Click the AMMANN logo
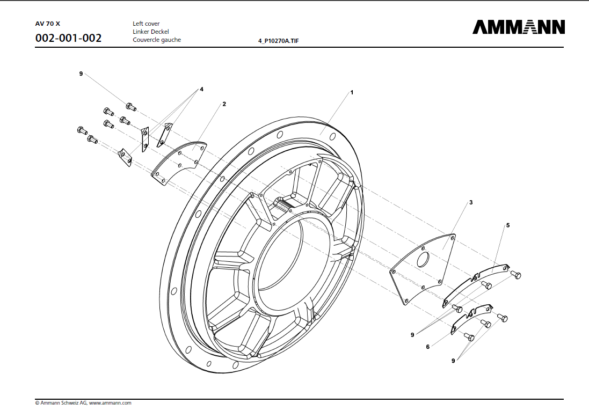click(x=518, y=27)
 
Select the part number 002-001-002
click(x=68, y=39)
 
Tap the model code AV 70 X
click(x=48, y=24)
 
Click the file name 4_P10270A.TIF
click(x=279, y=41)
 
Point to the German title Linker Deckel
click(x=151, y=32)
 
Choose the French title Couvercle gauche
click(x=157, y=40)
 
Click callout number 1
click(x=352, y=92)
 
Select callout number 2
click(x=224, y=104)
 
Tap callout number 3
click(x=470, y=202)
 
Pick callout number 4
click(x=201, y=89)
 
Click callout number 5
click(x=507, y=225)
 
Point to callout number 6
click(x=427, y=347)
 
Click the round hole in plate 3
click(x=423, y=260)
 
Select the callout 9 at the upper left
click(x=81, y=74)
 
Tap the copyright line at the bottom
click(x=83, y=402)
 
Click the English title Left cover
click(x=146, y=24)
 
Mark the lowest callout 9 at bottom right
click(x=453, y=361)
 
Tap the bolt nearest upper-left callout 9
click(x=130, y=106)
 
